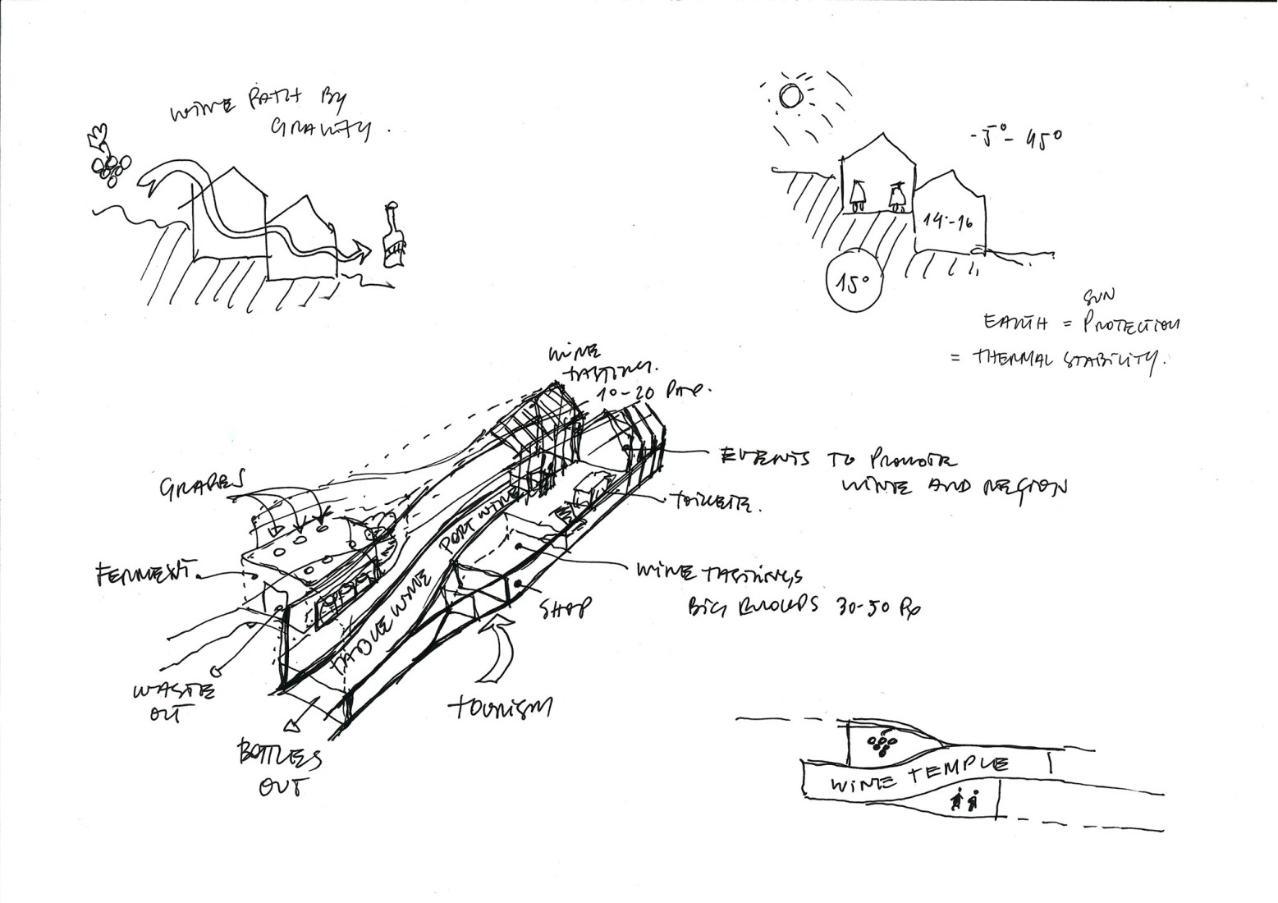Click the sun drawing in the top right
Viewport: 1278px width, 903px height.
tap(790, 96)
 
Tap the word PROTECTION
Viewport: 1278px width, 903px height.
tap(1130, 325)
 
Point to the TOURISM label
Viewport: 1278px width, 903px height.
tap(501, 707)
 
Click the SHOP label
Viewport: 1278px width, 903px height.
tap(566, 608)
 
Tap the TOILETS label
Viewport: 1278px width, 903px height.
tap(713, 504)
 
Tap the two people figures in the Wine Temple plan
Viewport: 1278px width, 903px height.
tap(964, 800)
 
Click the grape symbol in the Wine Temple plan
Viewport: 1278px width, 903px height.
tap(881, 743)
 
